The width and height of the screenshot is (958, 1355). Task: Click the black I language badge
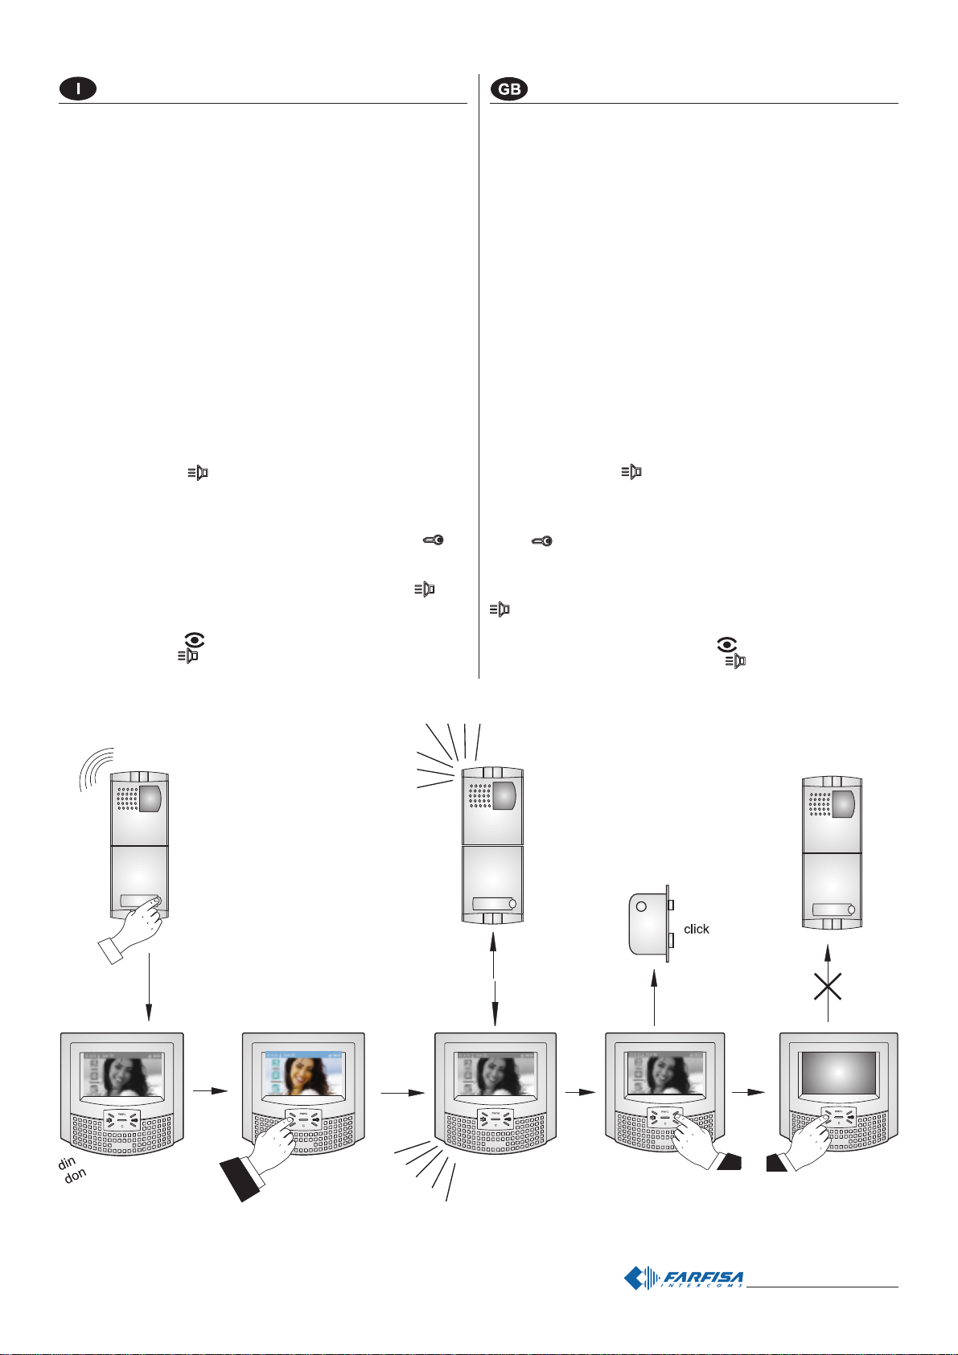coord(77,89)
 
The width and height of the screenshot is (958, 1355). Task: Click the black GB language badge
coord(509,89)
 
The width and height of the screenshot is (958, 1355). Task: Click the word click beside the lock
coord(696,929)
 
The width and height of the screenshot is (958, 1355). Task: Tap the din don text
coord(71,1170)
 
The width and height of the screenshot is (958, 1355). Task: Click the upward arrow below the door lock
coord(655,997)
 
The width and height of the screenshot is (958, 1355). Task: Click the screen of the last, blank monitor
coord(839,1073)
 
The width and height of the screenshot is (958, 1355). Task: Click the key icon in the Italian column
coord(432,542)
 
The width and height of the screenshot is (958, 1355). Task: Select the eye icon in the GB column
coord(727,645)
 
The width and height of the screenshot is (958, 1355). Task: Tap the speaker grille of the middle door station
coord(479,798)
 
